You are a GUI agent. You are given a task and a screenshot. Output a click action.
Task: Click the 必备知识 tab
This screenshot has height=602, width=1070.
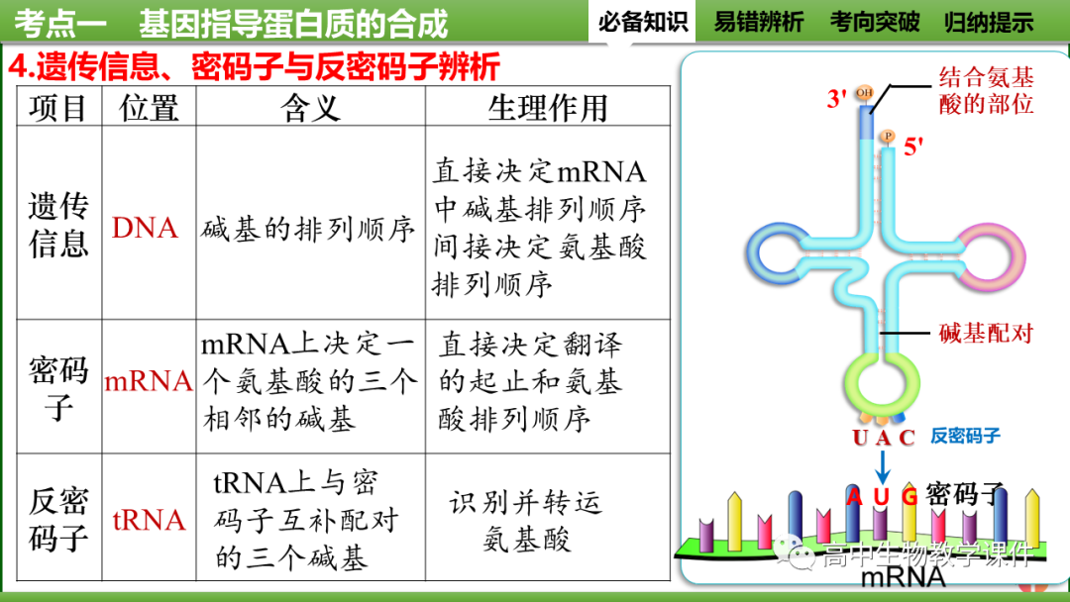click(x=643, y=22)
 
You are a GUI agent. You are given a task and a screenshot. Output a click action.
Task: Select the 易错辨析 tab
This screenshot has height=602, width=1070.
click(x=759, y=22)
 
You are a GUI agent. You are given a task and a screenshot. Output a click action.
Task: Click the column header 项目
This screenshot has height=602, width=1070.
click(x=58, y=107)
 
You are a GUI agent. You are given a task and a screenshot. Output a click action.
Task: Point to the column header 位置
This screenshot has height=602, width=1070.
click(x=149, y=107)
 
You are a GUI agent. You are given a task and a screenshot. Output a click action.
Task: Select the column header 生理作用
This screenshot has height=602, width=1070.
click(x=548, y=107)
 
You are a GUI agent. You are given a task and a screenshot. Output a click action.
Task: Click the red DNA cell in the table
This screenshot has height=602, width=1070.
click(x=146, y=228)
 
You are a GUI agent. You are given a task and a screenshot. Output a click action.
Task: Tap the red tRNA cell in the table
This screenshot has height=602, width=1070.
click(x=149, y=519)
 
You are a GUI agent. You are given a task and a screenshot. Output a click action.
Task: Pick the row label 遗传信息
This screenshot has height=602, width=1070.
click(x=58, y=225)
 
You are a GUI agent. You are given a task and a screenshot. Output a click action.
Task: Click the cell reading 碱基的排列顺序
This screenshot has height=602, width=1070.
click(x=308, y=229)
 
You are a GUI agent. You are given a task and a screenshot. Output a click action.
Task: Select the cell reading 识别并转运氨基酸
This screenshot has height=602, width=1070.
click(x=526, y=520)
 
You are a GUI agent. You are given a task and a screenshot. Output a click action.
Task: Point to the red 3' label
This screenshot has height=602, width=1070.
click(x=837, y=99)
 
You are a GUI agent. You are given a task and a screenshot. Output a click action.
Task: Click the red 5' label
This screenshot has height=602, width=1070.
click(x=913, y=148)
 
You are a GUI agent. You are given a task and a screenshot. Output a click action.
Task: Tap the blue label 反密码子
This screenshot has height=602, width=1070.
click(x=965, y=437)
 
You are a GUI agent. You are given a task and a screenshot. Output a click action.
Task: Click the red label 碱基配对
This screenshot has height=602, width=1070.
click(x=987, y=333)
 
